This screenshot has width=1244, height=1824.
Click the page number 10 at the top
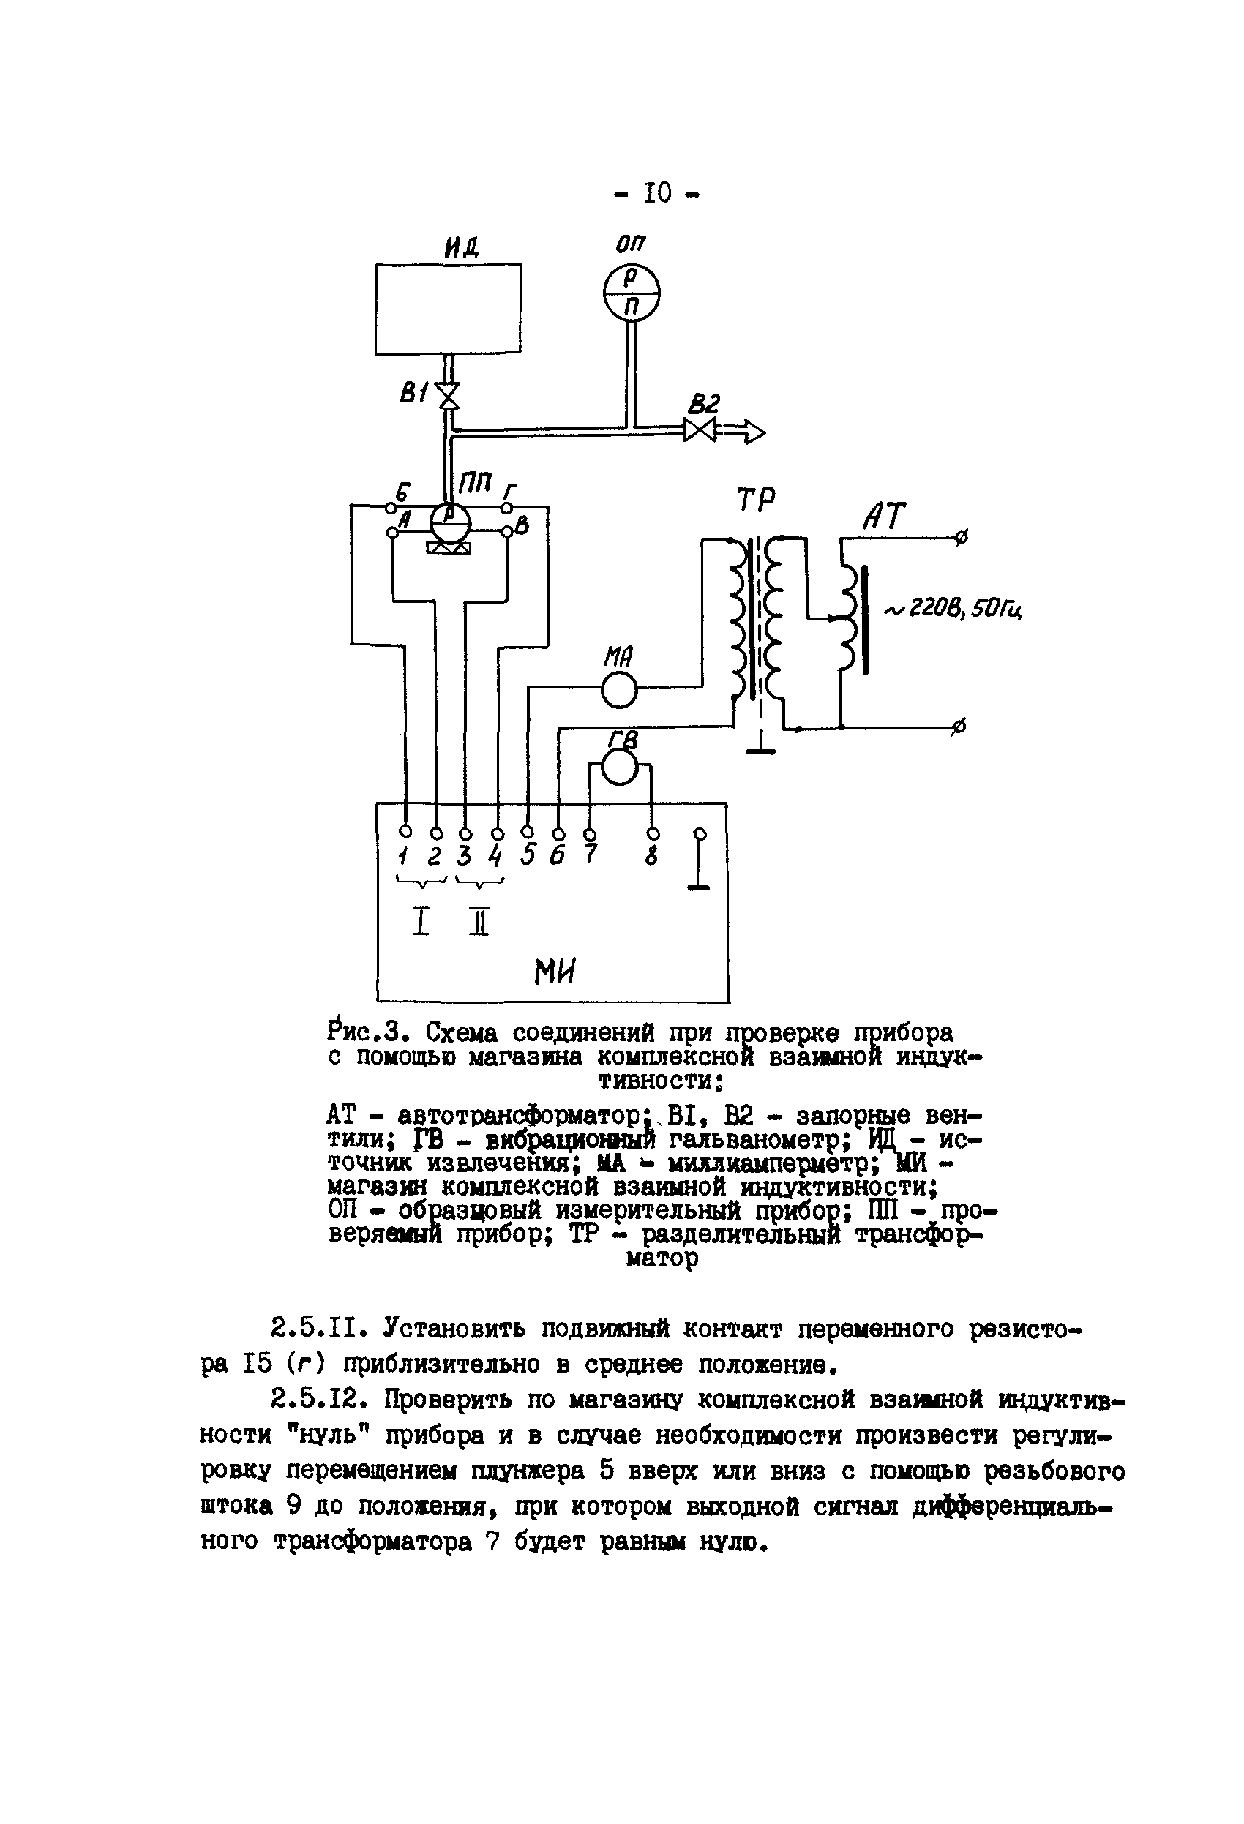pos(658,192)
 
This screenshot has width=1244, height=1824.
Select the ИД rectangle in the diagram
pos(448,309)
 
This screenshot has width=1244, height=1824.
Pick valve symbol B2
pos(700,429)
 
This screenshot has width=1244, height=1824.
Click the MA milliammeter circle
pos(619,690)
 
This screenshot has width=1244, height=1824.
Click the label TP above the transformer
pos(755,500)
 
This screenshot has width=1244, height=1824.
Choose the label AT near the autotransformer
pos(884,517)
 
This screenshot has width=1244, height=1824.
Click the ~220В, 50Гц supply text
pos(953,609)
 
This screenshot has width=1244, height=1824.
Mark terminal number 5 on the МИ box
pos(528,855)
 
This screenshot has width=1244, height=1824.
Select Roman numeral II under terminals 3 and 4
pos(479,920)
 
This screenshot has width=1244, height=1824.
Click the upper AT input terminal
pos(961,538)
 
